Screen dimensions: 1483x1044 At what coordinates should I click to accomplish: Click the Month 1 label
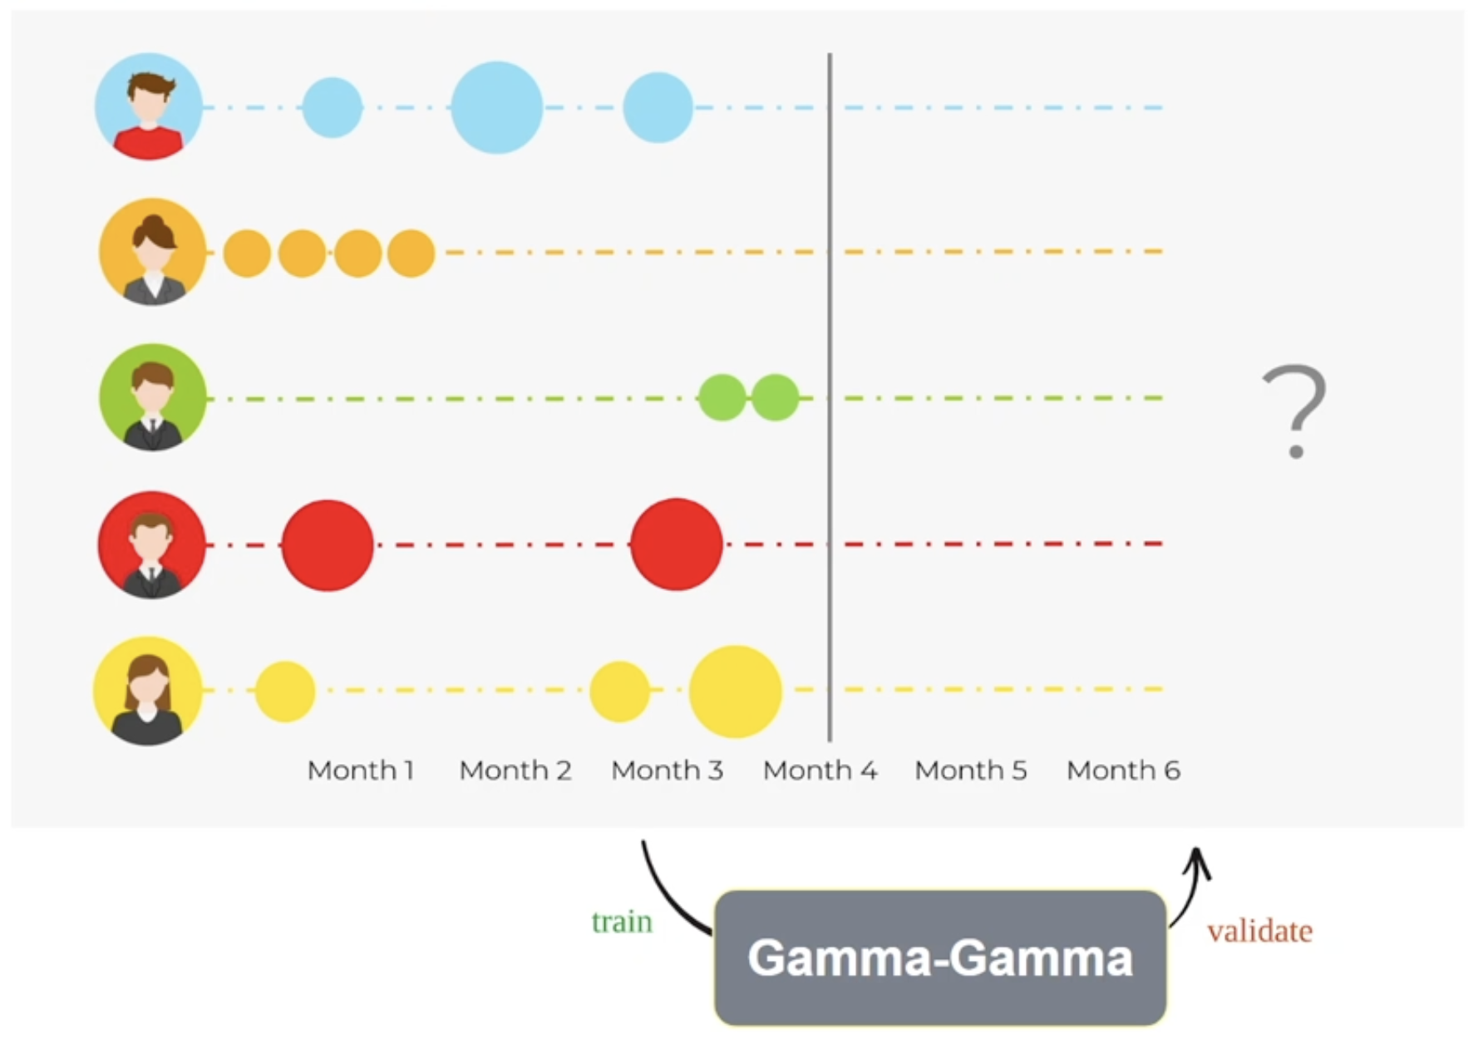coord(361,771)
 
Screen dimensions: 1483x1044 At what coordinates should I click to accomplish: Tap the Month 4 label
coord(820,771)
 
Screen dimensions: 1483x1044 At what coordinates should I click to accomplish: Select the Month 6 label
coord(1123,771)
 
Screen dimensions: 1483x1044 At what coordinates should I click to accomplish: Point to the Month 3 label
coord(667,771)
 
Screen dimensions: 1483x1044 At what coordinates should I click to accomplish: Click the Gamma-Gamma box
coord(940,958)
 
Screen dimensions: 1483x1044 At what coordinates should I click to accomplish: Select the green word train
coord(622,922)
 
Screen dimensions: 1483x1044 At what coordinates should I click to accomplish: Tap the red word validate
coord(1259,931)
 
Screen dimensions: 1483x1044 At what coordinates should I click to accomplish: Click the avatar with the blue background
coord(149,106)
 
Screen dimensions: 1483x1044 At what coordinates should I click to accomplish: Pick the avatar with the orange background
coord(152,251)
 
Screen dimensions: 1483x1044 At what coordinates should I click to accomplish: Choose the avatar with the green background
coord(153,397)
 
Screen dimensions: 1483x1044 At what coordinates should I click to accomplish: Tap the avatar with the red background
coord(151,544)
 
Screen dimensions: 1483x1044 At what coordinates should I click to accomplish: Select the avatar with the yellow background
coord(148,691)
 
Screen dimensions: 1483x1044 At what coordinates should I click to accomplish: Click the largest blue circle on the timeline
coord(496,107)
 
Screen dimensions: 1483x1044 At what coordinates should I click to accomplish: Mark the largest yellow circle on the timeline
coord(735,692)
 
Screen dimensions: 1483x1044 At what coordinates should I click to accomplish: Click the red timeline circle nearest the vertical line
coord(677,544)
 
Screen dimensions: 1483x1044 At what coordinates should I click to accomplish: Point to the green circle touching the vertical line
coord(775,397)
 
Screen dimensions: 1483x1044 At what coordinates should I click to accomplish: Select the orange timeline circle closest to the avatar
coord(247,254)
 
